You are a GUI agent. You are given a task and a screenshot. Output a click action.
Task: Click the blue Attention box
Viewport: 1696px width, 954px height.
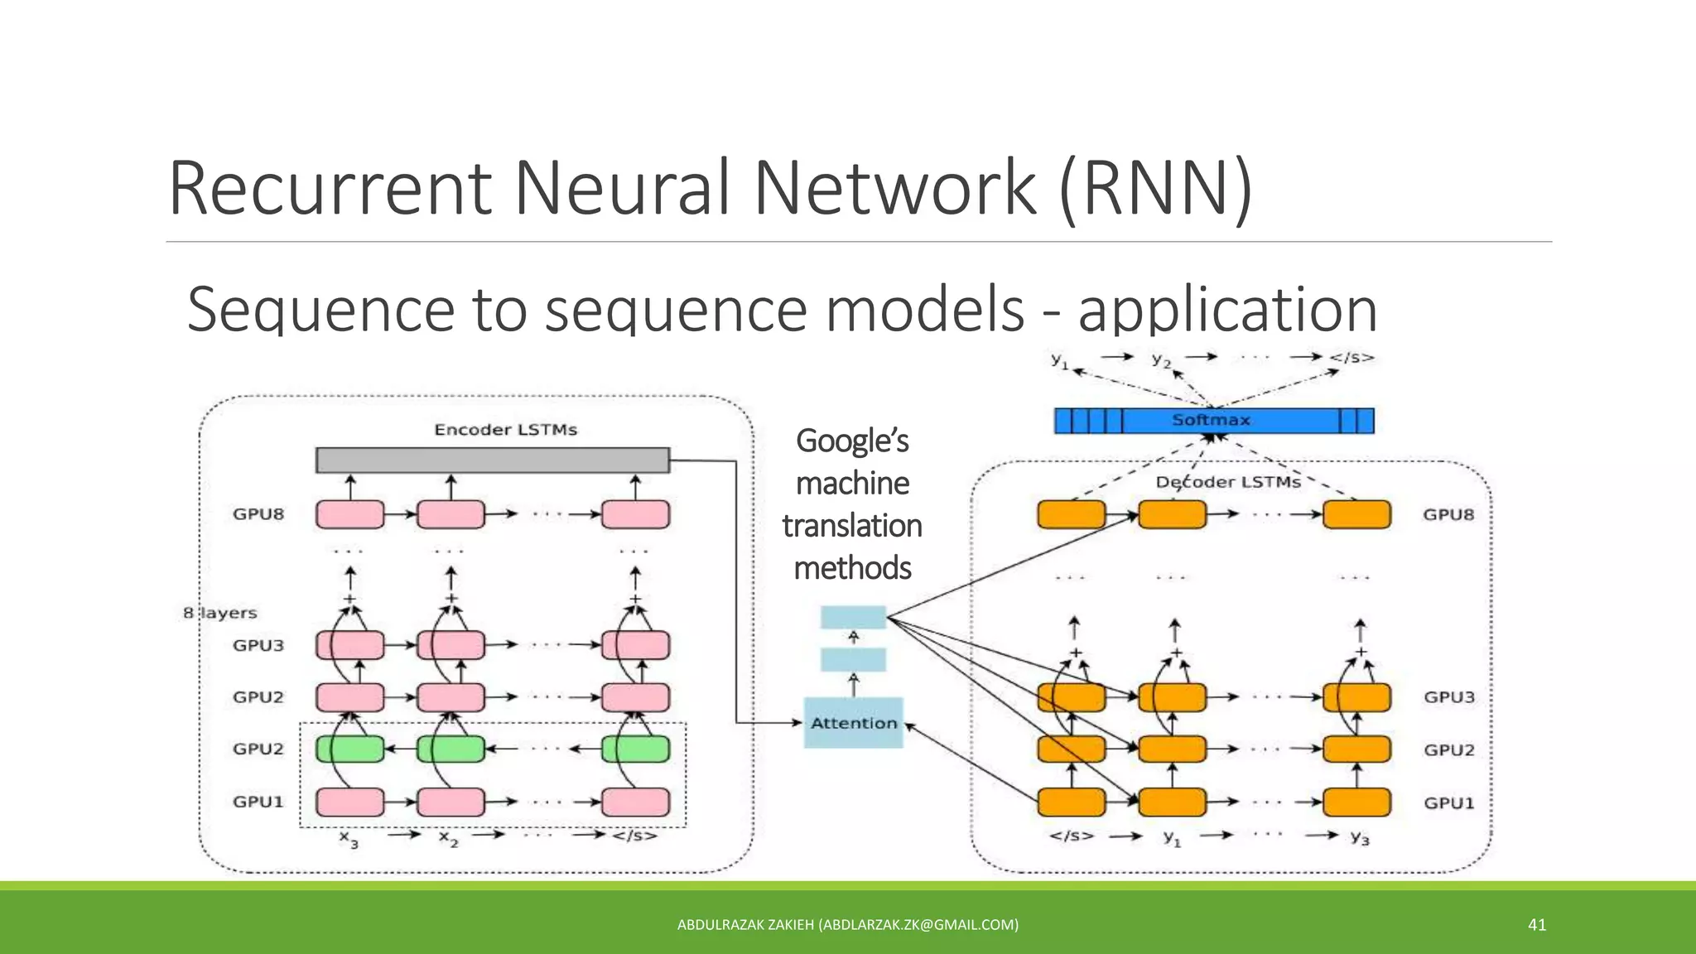pos(853,723)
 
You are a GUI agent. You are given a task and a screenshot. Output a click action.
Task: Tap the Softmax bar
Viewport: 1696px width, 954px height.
pos(1213,421)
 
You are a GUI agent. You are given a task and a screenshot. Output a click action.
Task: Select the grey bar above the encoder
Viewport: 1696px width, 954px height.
pos(493,460)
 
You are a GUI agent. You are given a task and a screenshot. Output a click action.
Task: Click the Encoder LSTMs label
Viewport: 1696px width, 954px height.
pos(505,430)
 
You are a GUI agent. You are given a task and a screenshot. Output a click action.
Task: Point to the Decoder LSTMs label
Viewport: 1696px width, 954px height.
pos(1228,482)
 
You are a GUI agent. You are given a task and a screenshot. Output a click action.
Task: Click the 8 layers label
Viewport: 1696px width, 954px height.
pos(220,613)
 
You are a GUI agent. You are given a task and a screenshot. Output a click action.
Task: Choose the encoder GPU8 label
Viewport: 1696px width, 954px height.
pos(258,514)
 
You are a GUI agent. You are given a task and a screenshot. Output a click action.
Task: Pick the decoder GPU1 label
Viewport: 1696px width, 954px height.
pos(1448,802)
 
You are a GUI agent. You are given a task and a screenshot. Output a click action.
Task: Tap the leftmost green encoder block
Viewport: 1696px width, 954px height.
pos(349,749)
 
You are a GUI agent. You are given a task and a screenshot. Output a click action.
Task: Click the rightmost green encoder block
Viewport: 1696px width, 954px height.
pos(635,749)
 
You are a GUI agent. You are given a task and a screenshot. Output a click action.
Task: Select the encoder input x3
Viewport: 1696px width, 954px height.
pos(349,838)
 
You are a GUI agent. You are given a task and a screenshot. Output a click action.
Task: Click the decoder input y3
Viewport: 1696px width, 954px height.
pos(1360,837)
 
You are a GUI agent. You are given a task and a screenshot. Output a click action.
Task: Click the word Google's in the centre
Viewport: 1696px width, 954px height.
pos(852,441)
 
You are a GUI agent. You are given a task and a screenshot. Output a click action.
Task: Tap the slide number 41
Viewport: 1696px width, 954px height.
pos(1537,925)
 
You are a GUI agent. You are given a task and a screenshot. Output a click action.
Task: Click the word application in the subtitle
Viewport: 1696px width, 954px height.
pos(1227,310)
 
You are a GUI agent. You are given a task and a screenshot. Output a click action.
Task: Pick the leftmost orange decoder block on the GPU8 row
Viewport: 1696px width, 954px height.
pos(1071,514)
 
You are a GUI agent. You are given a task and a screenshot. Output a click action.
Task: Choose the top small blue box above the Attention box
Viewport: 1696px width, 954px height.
pos(853,617)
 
